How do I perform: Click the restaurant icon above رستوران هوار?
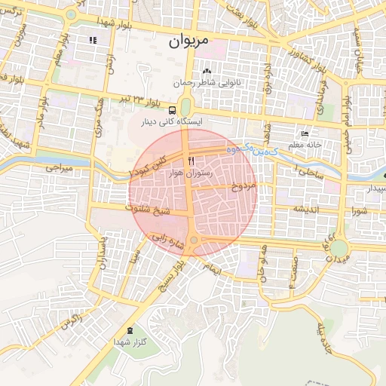coord(190,161)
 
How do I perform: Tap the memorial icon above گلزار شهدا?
coord(130,329)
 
